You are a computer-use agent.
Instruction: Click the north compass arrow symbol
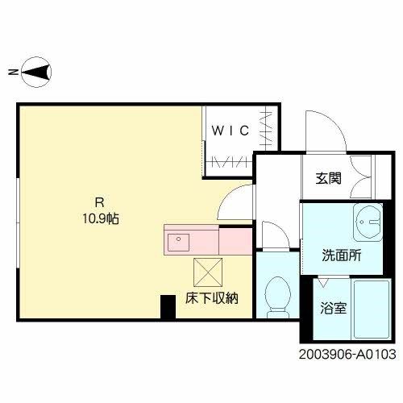point(35,73)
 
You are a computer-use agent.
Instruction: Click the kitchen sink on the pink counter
point(177,239)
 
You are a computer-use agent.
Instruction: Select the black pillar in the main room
point(168,306)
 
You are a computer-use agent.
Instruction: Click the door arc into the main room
point(235,201)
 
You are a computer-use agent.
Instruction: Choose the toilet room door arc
point(275,234)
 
